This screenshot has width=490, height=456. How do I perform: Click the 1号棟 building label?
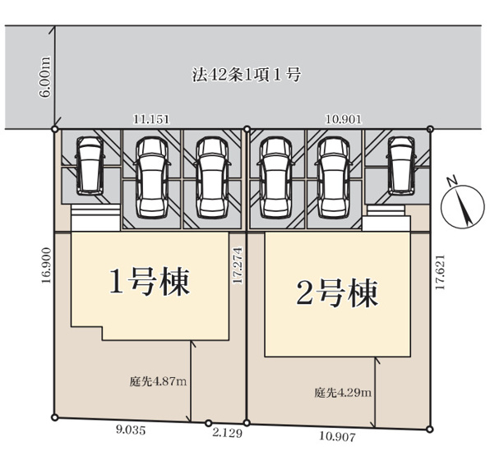point(150,283)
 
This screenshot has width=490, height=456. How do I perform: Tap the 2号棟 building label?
point(337,293)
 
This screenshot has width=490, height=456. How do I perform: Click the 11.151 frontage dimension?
point(151,119)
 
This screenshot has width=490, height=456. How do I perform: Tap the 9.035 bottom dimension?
point(128,428)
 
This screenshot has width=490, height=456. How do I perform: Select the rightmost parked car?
point(400,164)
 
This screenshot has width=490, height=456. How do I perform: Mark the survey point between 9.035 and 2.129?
point(208,422)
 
